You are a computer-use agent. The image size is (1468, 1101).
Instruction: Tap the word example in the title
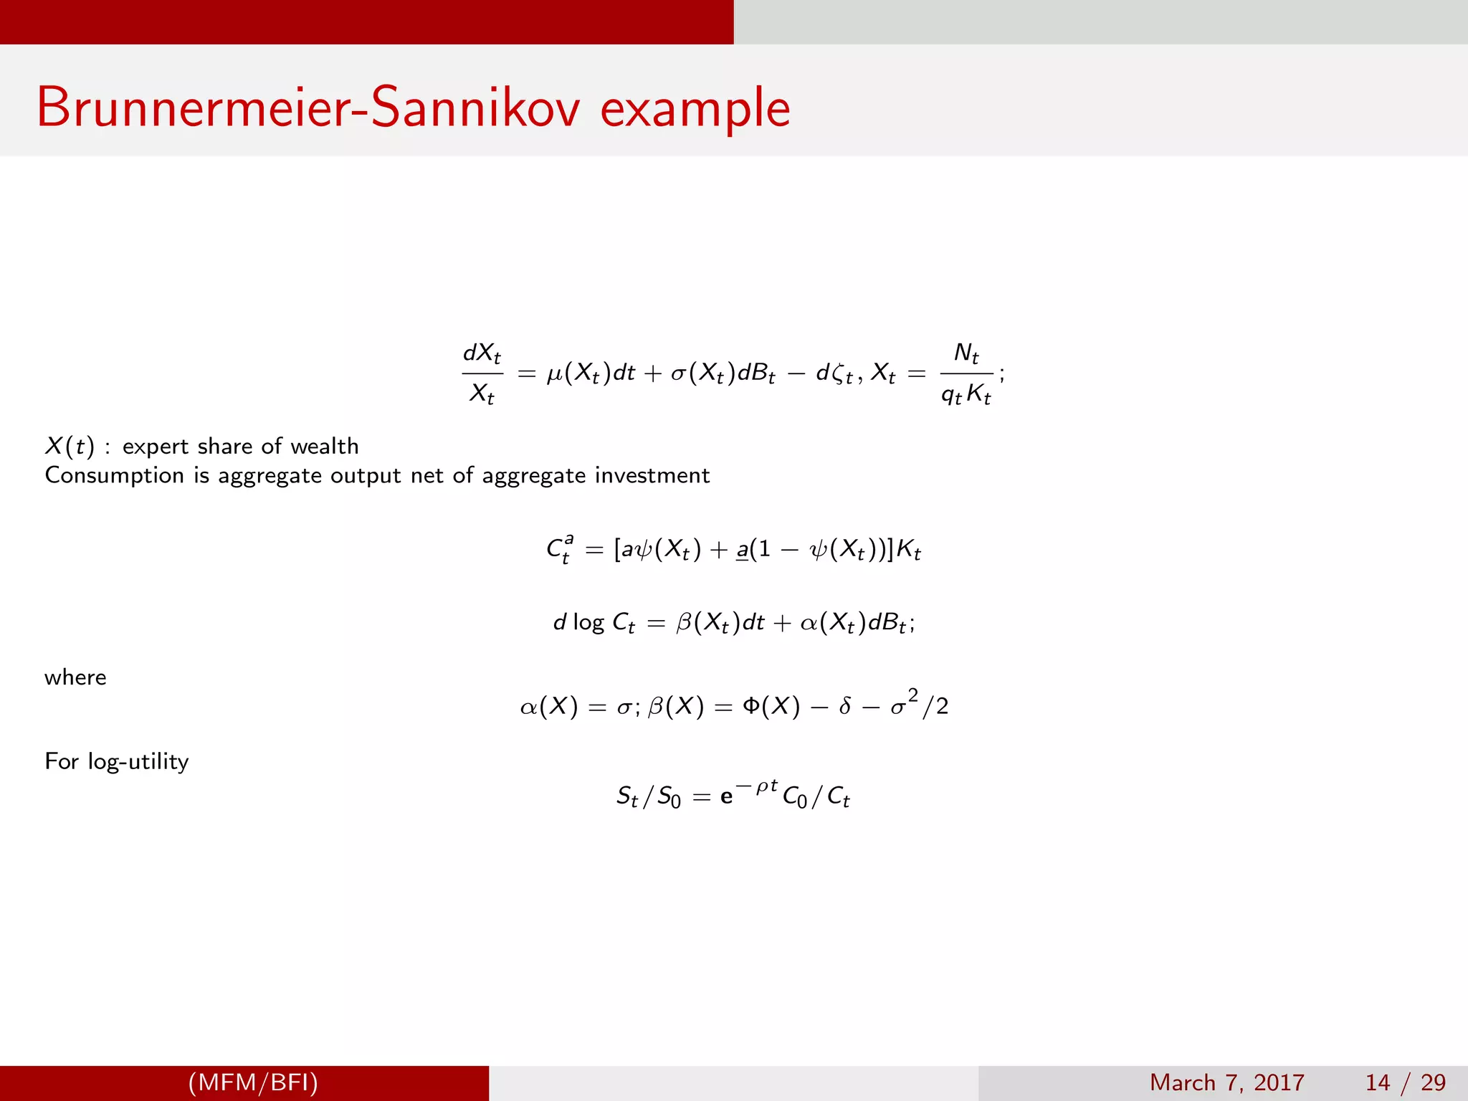click(x=695, y=109)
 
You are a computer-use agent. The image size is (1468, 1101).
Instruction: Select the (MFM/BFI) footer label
click(x=253, y=1082)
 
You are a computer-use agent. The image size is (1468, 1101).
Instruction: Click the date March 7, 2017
click(x=1226, y=1082)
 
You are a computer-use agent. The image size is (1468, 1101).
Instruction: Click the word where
click(x=75, y=677)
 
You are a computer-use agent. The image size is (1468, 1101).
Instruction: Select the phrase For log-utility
click(x=117, y=761)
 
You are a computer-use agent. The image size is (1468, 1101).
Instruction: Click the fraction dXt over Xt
click(x=482, y=373)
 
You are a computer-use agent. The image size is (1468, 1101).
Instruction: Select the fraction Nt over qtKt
click(x=966, y=373)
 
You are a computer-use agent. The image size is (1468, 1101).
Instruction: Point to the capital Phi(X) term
click(x=771, y=707)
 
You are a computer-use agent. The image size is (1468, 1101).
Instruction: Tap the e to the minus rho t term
click(x=749, y=793)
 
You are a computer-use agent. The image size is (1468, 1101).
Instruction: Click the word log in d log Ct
click(x=588, y=622)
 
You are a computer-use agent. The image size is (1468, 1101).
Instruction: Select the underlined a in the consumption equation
click(x=742, y=550)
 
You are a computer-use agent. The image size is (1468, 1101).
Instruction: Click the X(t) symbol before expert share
click(x=70, y=447)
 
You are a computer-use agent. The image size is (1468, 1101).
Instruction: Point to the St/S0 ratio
click(x=649, y=796)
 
